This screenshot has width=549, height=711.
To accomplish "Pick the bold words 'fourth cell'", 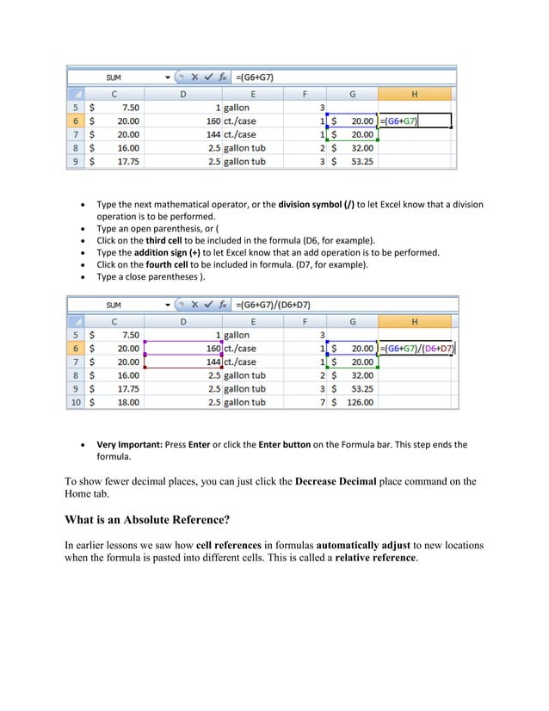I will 170,265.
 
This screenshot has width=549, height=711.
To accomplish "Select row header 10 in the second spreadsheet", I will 77,402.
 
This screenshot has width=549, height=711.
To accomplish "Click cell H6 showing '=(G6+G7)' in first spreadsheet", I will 415,121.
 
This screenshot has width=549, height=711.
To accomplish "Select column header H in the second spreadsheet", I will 415,321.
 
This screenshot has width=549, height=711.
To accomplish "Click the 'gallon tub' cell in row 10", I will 244,402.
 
